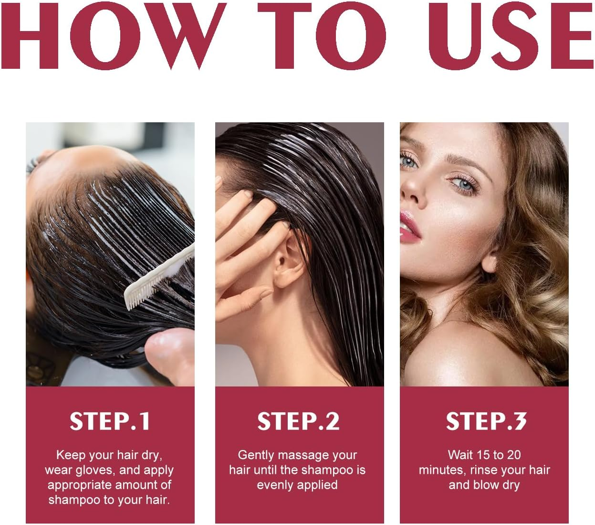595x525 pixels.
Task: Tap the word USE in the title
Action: (510, 36)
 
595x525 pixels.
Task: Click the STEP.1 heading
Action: (110, 421)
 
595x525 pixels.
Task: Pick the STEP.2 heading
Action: (298, 421)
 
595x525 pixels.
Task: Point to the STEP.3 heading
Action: (486, 421)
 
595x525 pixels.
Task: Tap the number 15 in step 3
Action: (483, 455)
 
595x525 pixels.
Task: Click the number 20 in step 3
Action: (513, 455)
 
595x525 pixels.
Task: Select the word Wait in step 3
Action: (459, 455)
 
